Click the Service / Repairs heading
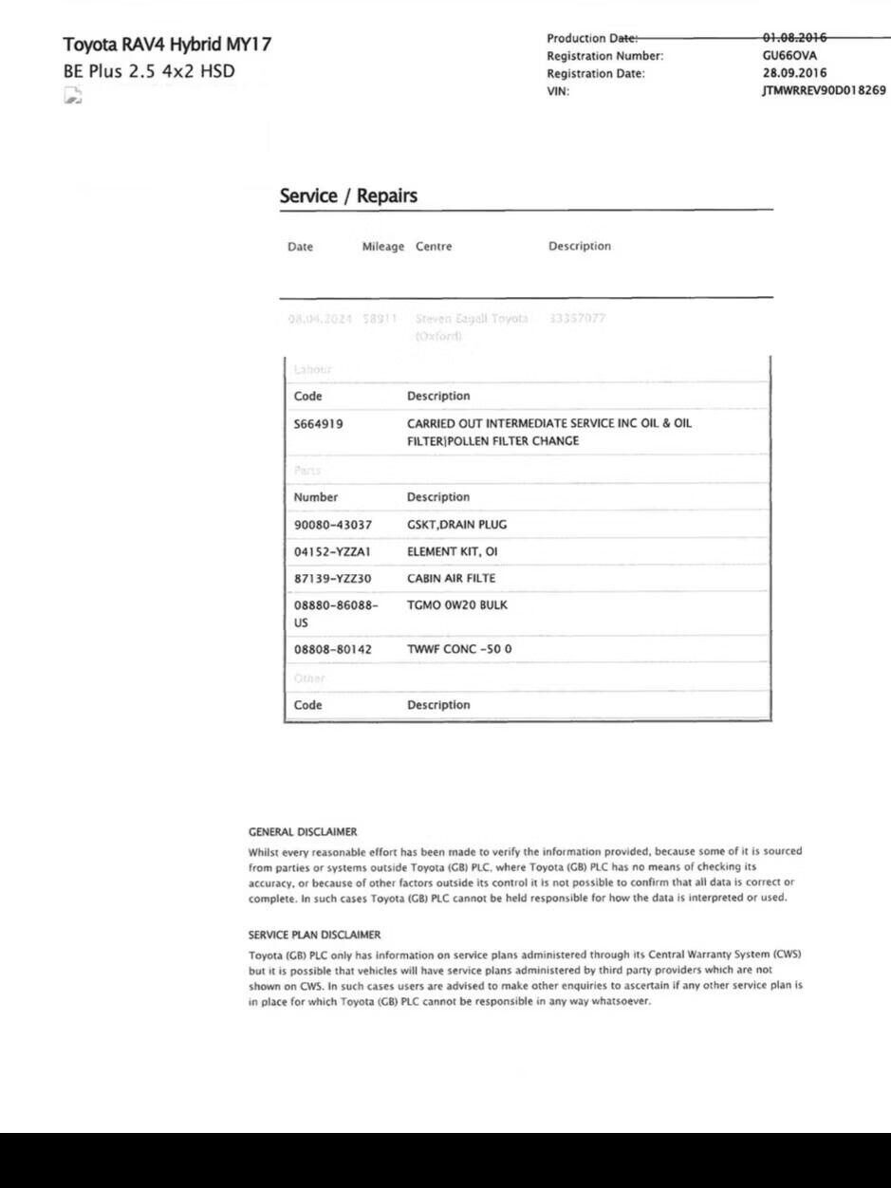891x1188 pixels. point(348,196)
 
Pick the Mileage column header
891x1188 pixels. point(383,247)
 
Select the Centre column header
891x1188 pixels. point(434,247)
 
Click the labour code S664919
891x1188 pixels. point(319,424)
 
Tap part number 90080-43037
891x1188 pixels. point(333,525)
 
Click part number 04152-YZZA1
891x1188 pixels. point(333,551)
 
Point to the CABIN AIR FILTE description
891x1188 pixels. point(451,578)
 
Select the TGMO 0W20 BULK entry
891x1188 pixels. point(456,605)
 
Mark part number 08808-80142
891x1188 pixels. point(333,650)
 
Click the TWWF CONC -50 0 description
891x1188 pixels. point(459,650)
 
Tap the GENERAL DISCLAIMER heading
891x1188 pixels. point(303,832)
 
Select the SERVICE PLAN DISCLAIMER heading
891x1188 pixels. point(314,935)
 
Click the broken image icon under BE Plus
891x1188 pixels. point(73,94)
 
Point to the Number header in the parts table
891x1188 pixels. point(315,497)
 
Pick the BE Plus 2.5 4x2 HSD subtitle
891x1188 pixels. point(149,70)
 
